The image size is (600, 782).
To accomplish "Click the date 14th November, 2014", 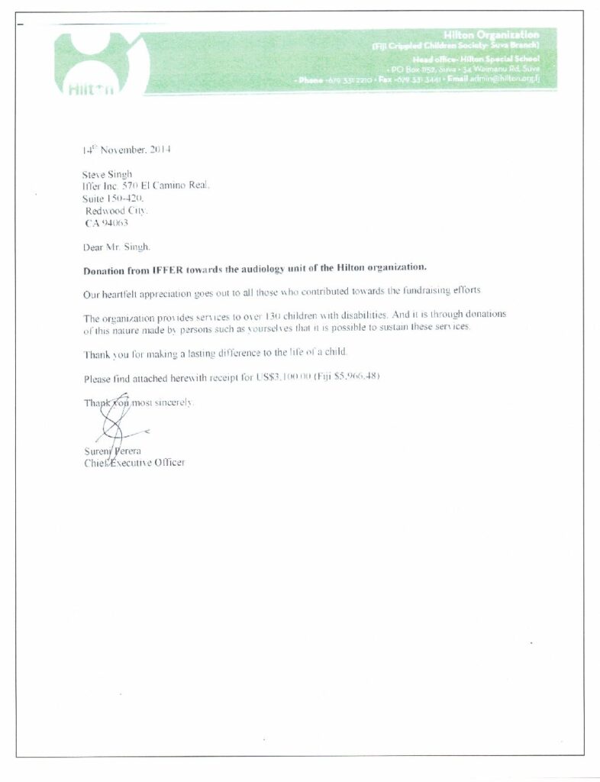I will [x=126, y=150].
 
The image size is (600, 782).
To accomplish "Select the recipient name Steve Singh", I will [x=107, y=174].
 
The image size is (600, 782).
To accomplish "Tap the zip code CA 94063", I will [x=106, y=223].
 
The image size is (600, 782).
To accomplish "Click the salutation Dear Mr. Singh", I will [x=118, y=247].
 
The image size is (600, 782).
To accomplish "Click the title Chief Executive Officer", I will [x=134, y=463].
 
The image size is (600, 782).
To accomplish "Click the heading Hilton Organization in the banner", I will [x=491, y=35].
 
